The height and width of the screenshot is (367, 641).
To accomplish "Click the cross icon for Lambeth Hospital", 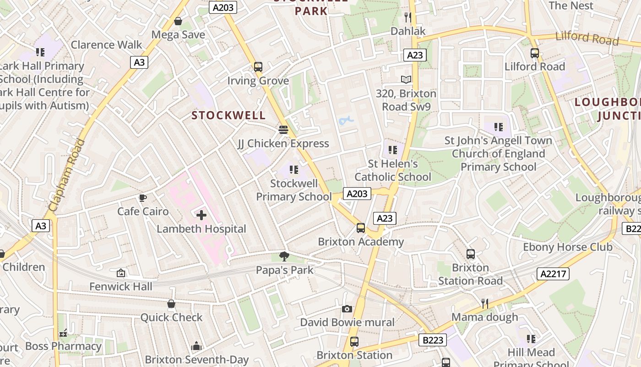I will point(201,215).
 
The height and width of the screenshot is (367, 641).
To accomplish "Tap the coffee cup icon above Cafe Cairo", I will point(142,198).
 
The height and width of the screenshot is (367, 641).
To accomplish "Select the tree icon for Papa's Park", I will point(284,256).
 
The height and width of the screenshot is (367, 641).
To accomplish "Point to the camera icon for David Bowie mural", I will point(347,309).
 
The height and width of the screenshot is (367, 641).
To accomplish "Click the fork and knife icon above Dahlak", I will point(407,17).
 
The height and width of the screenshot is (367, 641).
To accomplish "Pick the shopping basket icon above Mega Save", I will point(178,21).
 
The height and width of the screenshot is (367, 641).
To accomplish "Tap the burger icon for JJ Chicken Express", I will point(283,130).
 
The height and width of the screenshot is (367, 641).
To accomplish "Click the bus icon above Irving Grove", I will point(258,67).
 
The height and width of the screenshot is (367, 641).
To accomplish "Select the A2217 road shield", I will point(553,274).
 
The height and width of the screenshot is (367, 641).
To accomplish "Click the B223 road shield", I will point(432,340).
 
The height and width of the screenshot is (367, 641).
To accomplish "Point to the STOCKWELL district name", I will point(228,115).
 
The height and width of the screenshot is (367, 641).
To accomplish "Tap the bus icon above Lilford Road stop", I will point(535,53).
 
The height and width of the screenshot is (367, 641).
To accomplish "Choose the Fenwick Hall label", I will point(121,287).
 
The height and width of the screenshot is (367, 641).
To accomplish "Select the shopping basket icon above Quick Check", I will point(171,304).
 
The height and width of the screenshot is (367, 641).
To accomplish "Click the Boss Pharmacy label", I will point(63,346).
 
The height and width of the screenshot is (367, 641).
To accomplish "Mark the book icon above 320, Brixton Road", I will point(406,80).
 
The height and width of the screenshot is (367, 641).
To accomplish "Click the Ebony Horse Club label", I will point(568,247).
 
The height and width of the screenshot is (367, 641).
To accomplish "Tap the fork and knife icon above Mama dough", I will point(484,303).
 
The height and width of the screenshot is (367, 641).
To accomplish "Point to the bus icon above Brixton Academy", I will point(361,228).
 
